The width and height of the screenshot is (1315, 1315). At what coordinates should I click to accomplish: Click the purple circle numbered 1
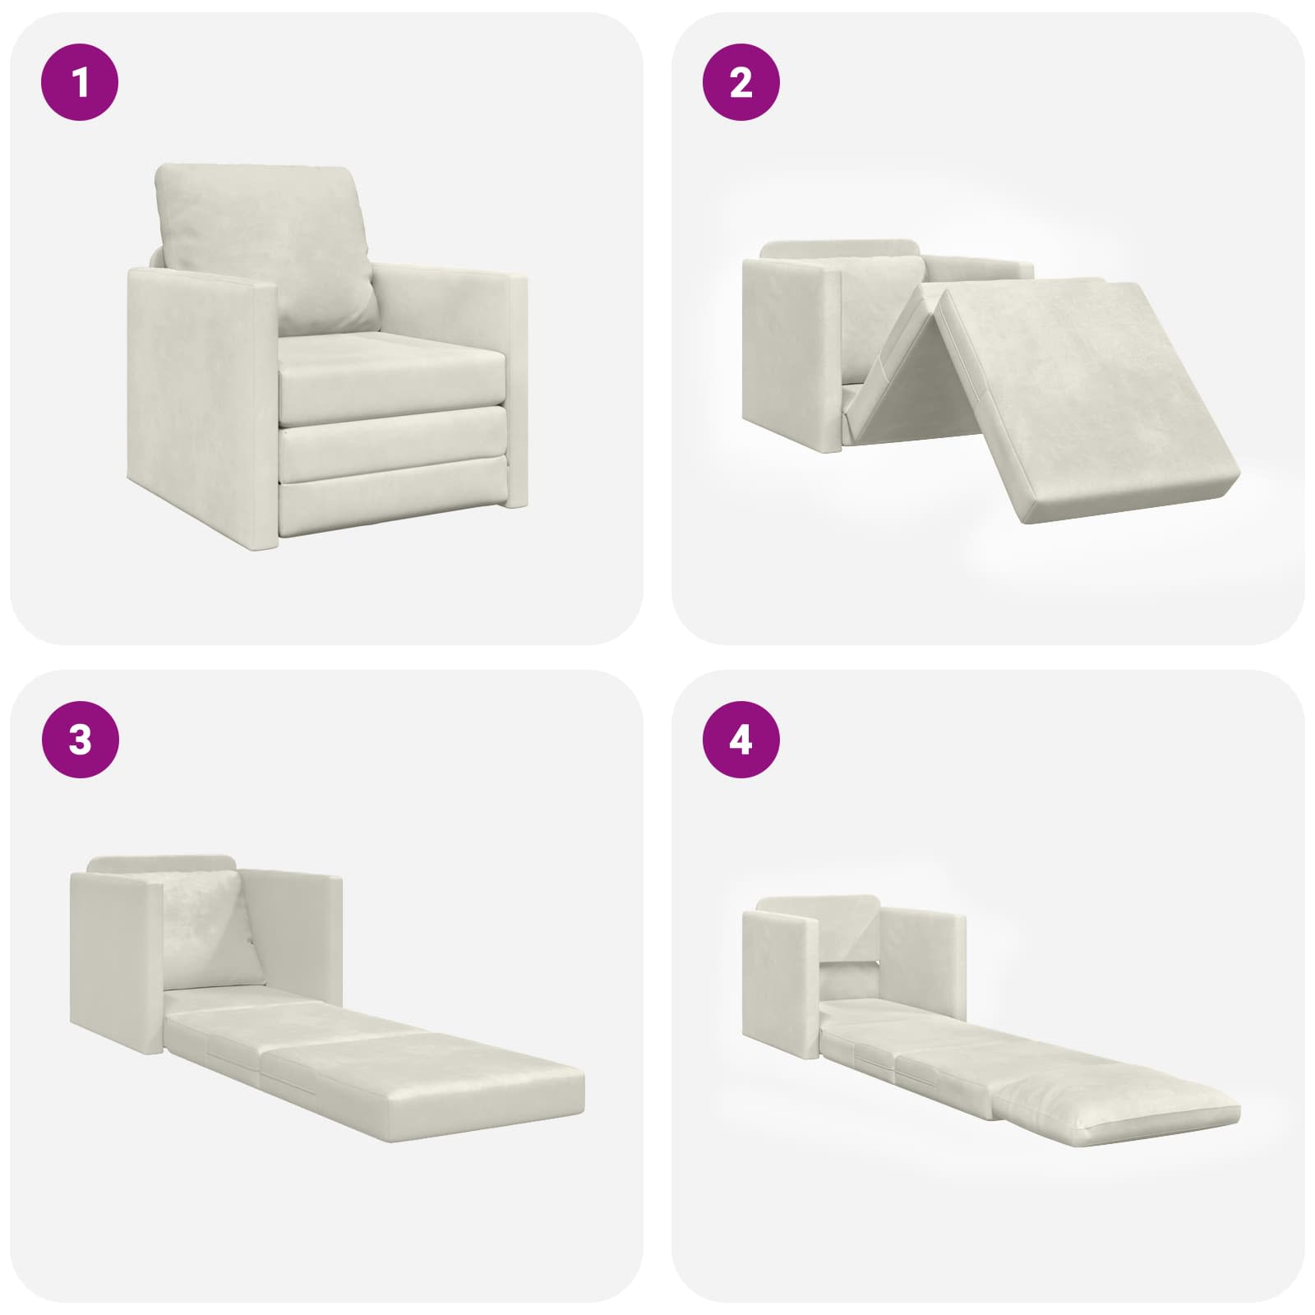tap(80, 83)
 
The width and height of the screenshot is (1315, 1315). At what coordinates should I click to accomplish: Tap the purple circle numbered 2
tap(741, 83)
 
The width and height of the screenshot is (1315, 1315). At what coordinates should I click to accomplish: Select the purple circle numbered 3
tap(80, 741)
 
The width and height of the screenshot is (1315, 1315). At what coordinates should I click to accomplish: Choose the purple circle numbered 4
tap(741, 741)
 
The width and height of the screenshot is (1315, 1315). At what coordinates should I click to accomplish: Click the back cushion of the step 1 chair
tap(267, 247)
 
